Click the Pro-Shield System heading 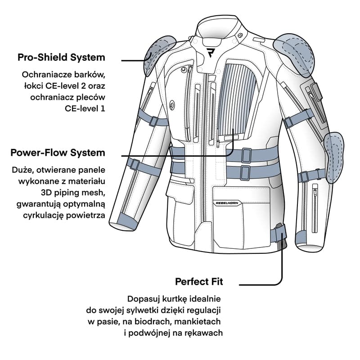pyautogui.click(x=61, y=58)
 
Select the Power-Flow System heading pyautogui.click(x=58, y=153)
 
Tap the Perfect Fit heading pyautogui.click(x=199, y=282)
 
